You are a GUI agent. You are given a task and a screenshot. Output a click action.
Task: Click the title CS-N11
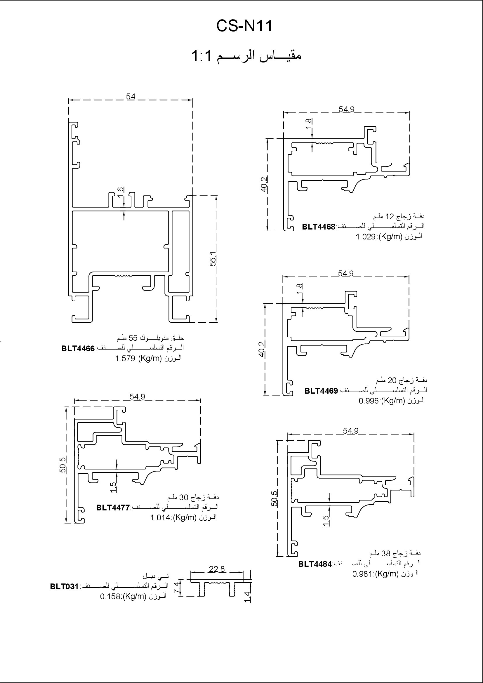pyautogui.click(x=244, y=26)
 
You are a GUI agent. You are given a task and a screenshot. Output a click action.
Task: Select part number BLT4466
pyautogui.click(x=78, y=348)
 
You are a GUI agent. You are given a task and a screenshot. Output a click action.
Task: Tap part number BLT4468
pyautogui.click(x=319, y=227)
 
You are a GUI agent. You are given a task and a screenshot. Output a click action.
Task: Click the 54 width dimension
pyautogui.click(x=131, y=97)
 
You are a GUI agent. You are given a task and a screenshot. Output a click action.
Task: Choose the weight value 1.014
pyautogui.click(x=161, y=518)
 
